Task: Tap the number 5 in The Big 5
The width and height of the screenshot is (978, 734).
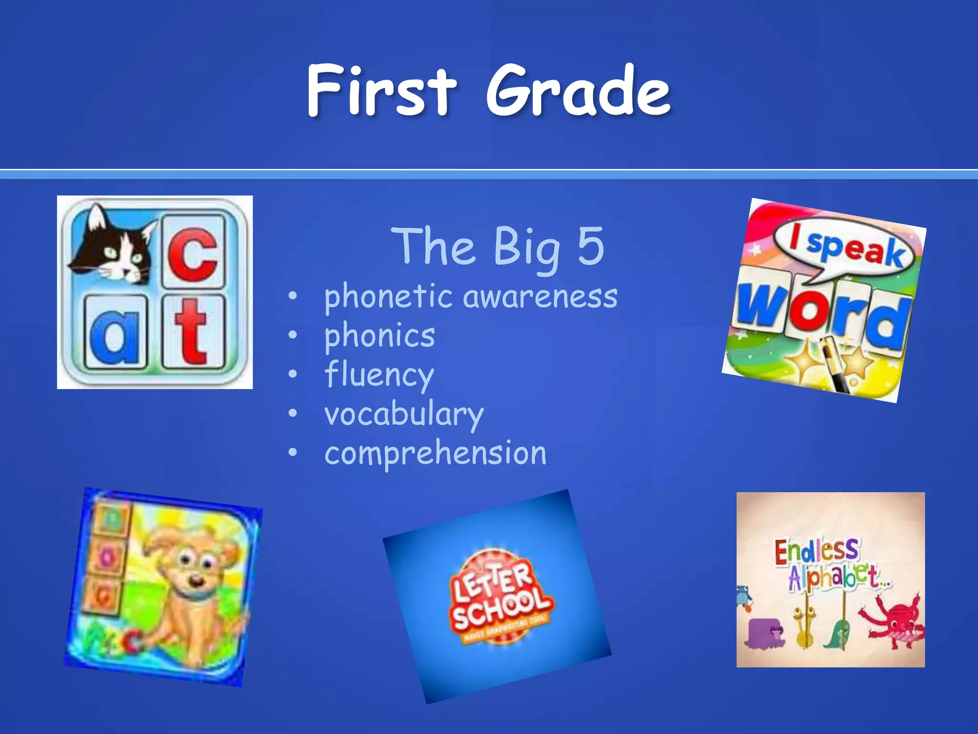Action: [591, 246]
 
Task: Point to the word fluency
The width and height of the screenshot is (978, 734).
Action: [379, 376]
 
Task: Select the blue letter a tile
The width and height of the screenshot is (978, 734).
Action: [115, 332]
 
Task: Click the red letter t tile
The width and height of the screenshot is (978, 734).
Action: [192, 332]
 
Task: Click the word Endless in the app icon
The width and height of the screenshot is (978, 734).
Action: [816, 551]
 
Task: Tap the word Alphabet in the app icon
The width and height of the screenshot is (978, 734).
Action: [838, 577]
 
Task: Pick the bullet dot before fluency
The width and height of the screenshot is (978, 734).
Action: [293, 374]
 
